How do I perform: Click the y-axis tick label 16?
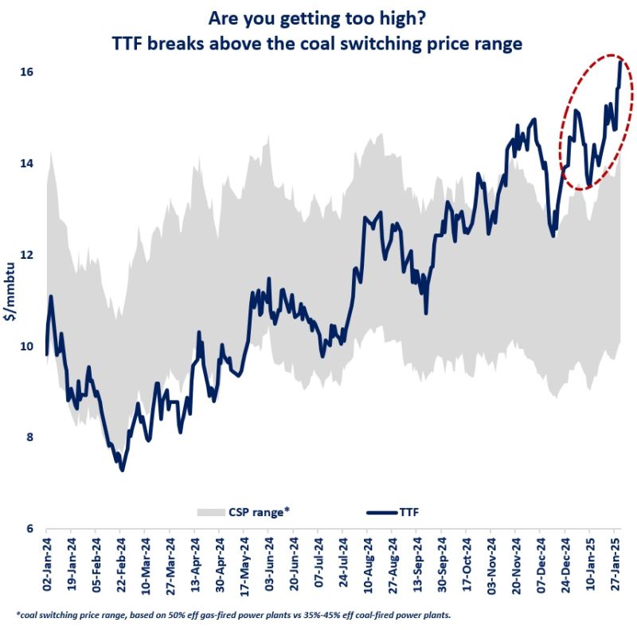pos(27,72)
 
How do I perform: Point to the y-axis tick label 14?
pos(27,163)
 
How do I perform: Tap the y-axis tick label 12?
pos(27,255)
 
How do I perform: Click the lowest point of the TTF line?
pos(122,470)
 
